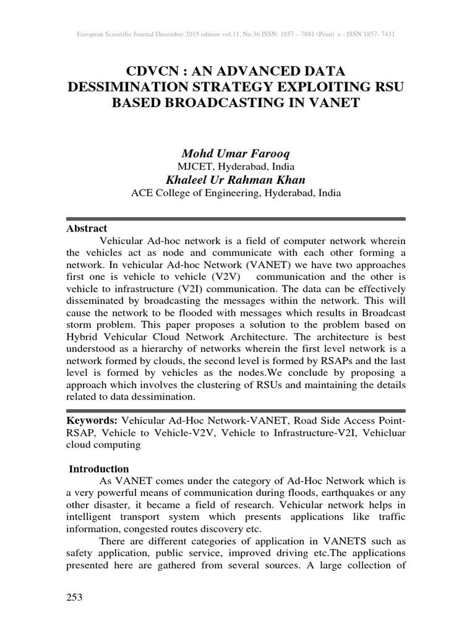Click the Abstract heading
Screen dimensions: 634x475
pyautogui.click(x=87, y=228)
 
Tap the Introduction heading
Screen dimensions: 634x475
pyautogui.click(x=99, y=469)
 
